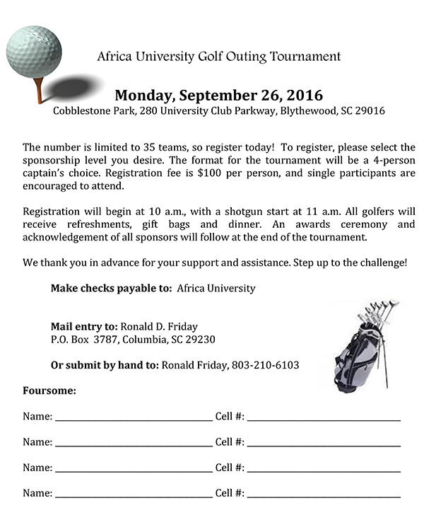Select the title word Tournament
click(305, 56)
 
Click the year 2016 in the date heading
click(302, 95)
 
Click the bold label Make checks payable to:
click(111, 288)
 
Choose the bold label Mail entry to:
click(84, 326)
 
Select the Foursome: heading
click(49, 390)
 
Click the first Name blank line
click(133, 418)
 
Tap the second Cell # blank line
click(324, 444)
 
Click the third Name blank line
click(133, 469)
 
